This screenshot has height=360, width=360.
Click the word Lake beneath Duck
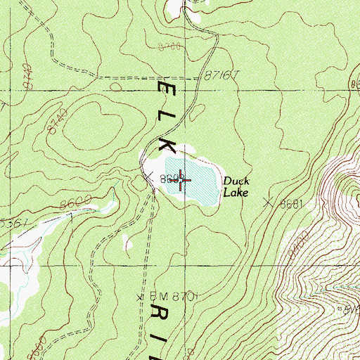click(236, 193)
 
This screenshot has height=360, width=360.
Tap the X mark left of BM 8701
click(141, 297)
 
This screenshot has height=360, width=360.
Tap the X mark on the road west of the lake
click(148, 177)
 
